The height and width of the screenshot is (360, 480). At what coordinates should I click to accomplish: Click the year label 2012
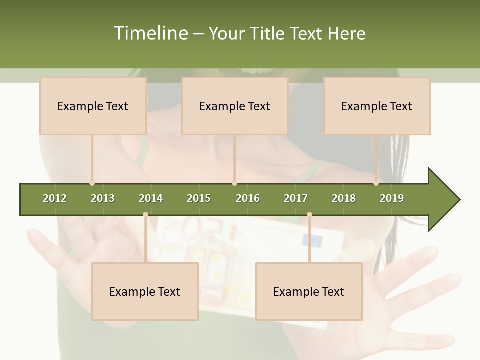pyautogui.click(x=55, y=198)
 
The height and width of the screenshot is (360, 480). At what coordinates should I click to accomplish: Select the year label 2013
pyautogui.click(x=103, y=198)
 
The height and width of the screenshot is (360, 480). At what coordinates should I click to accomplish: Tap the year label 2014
pyautogui.click(x=151, y=198)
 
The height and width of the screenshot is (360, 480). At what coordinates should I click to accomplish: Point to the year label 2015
pyautogui.click(x=199, y=198)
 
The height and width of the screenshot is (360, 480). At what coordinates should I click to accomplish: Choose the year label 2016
pyautogui.click(x=248, y=198)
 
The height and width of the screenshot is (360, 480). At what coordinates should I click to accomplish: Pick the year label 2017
pyautogui.click(x=296, y=198)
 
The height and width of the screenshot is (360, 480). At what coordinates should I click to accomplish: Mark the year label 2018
pyautogui.click(x=344, y=198)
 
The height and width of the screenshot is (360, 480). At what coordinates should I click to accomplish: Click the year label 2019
pyautogui.click(x=392, y=198)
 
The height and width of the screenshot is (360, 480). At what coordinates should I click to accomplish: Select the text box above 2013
pyautogui.click(x=93, y=106)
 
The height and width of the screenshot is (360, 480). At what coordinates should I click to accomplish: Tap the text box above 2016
pyautogui.click(x=235, y=106)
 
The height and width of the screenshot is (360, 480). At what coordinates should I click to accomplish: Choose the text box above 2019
pyautogui.click(x=377, y=106)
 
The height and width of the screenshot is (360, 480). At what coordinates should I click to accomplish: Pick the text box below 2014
pyautogui.click(x=145, y=291)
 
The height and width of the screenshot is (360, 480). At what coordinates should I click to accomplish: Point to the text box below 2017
pyautogui.click(x=309, y=291)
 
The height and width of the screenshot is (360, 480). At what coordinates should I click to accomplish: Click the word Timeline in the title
pyautogui.click(x=149, y=33)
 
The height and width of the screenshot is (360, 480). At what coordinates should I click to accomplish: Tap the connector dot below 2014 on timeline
pyautogui.click(x=145, y=215)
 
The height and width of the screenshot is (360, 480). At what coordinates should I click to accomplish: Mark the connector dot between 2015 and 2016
pyautogui.click(x=234, y=183)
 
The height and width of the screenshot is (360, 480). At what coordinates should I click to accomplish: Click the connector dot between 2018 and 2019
pyautogui.click(x=376, y=183)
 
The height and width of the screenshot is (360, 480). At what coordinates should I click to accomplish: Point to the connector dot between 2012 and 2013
pyautogui.click(x=92, y=183)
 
